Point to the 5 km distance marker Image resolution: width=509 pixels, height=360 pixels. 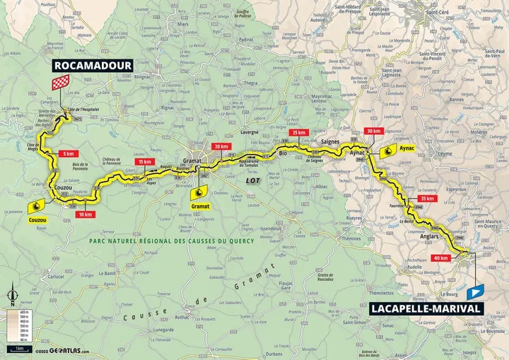pyautogui.click(x=68, y=153)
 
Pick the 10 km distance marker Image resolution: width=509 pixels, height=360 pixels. pyautogui.click(x=86, y=214)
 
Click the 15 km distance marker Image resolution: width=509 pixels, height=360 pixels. pyautogui.click(x=145, y=162)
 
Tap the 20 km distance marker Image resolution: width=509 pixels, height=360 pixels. pyautogui.click(x=221, y=146)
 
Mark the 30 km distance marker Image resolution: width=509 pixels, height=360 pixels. pyautogui.click(x=373, y=132)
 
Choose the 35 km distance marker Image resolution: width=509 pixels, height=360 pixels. pyautogui.click(x=427, y=199)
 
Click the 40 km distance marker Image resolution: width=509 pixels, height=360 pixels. pyautogui.click(x=443, y=257)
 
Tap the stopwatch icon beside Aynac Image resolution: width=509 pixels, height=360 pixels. pyautogui.click(x=387, y=151)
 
